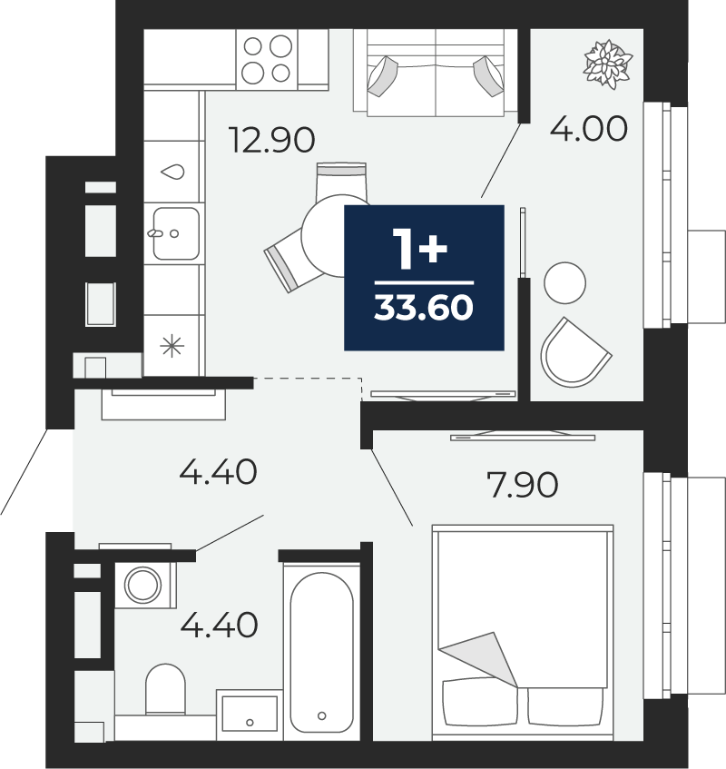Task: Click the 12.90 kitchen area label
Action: (272, 140)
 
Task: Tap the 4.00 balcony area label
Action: (588, 129)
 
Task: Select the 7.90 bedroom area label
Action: (522, 485)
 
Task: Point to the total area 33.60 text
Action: (424, 308)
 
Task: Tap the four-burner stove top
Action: (267, 59)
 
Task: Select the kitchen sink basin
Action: (176, 233)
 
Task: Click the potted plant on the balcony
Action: (607, 64)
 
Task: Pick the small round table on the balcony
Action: (564, 283)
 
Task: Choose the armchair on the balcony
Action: (574, 353)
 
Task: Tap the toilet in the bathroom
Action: (166, 689)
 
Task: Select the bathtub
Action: (321, 651)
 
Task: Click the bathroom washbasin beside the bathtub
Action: (250, 715)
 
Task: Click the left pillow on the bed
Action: (480, 701)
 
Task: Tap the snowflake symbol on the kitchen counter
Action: (172, 346)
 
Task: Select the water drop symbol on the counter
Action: (172, 172)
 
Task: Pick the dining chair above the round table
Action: (342, 182)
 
